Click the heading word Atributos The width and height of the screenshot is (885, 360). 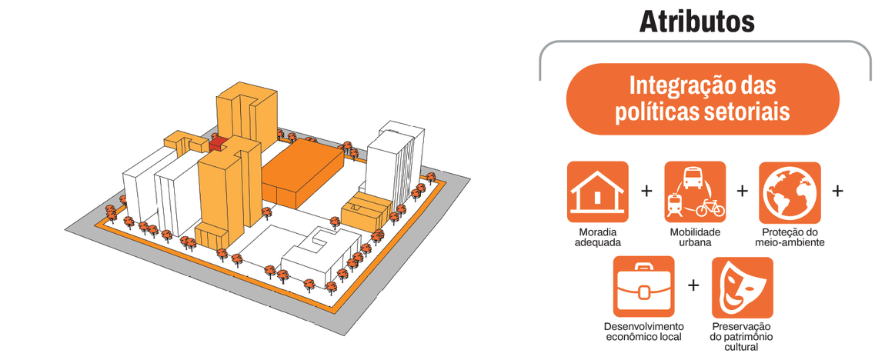[696, 21]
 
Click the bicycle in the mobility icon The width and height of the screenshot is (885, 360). [709, 208]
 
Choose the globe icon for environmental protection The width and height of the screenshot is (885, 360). [790, 192]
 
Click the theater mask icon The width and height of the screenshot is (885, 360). [741, 287]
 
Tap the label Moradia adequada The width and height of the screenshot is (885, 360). [597, 237]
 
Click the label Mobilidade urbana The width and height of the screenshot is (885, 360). [695, 237]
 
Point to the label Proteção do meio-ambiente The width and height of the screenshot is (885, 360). [790, 237]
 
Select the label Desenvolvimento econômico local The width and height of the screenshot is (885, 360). [643, 332]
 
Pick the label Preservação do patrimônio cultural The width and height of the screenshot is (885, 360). [741, 337]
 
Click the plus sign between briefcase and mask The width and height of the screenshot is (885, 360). [693, 285]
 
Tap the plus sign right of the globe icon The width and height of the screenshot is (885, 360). [837, 190]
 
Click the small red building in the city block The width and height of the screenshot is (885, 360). [218, 142]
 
